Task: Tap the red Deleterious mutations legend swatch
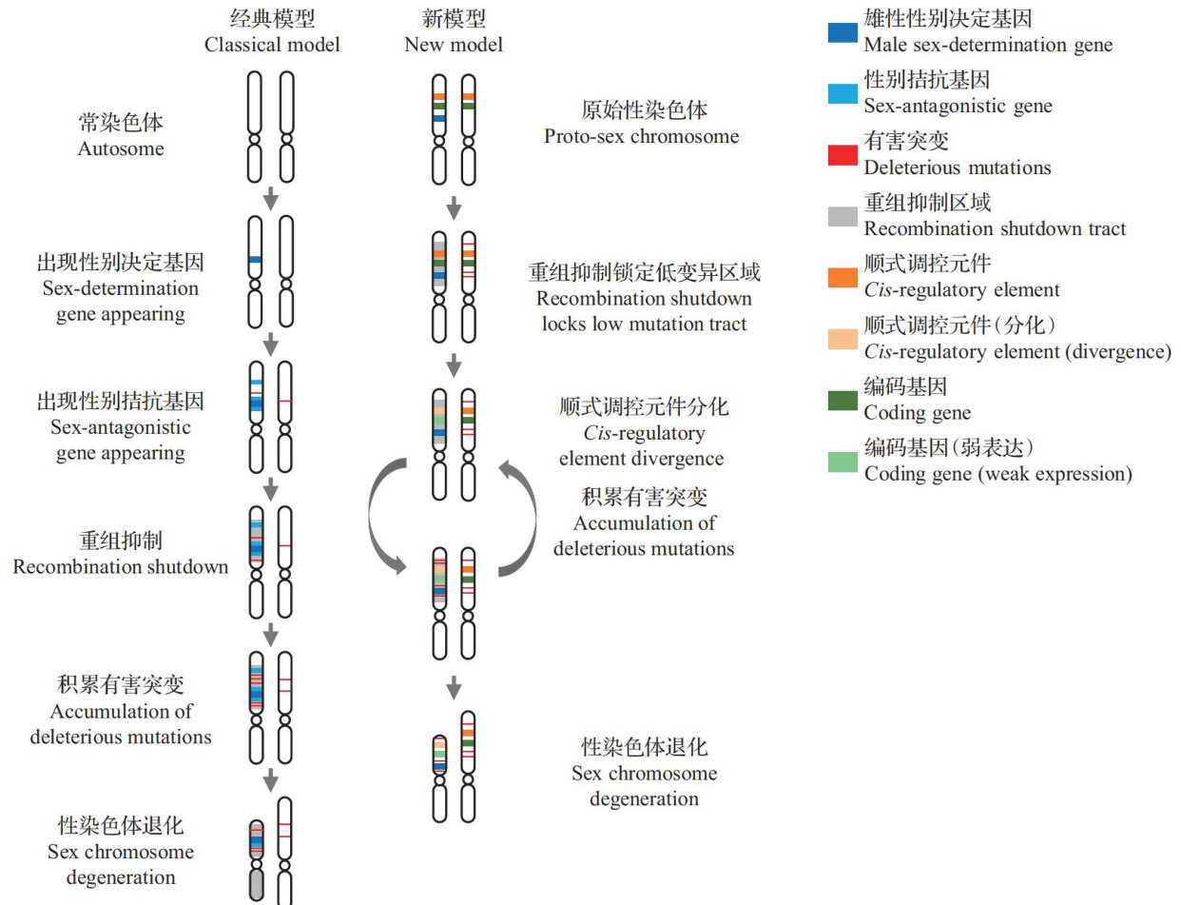coord(842,155)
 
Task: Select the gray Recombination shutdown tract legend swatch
coord(842,216)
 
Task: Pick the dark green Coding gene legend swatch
coord(842,401)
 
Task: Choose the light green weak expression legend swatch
coord(842,462)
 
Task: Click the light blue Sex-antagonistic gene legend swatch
coord(842,93)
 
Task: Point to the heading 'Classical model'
coord(272,44)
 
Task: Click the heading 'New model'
coord(454,44)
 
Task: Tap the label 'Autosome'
coord(121,148)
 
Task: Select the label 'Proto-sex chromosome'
coord(642,135)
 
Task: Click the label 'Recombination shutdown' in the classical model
coord(121,566)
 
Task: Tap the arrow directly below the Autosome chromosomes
coord(271,198)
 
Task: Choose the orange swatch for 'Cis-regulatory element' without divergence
coord(842,278)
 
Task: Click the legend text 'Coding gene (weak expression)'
coord(997,473)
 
